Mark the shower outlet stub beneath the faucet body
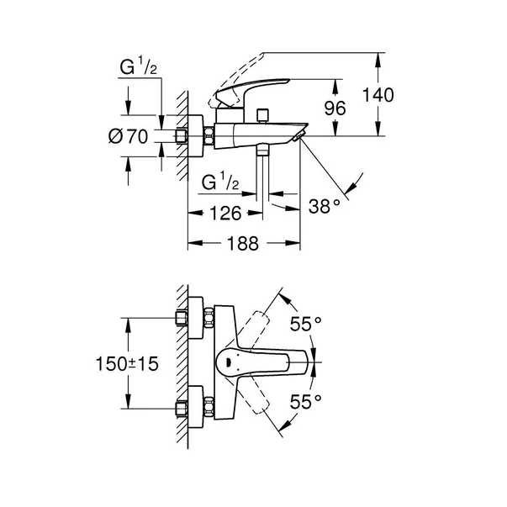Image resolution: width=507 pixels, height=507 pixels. tap(264, 153)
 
